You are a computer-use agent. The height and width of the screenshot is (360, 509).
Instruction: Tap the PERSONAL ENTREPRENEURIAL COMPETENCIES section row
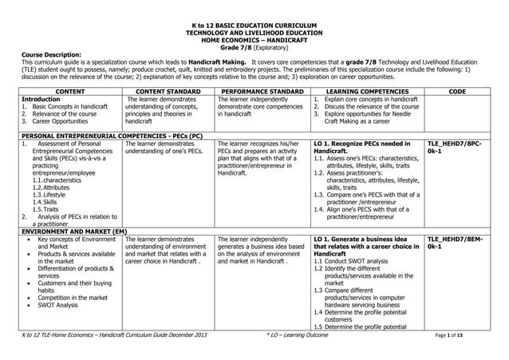click(112, 136)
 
